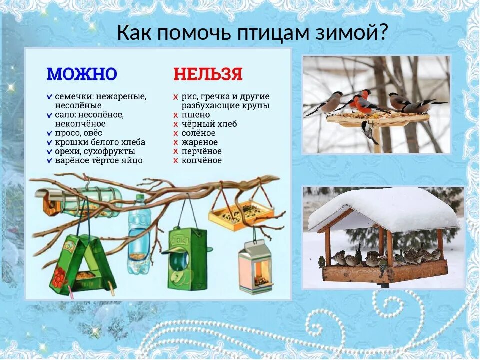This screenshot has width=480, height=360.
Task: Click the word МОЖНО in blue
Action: tap(82, 75)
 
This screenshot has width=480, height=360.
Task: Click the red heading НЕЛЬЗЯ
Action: tap(208, 75)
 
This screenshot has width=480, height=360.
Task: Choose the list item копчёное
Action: tap(202, 160)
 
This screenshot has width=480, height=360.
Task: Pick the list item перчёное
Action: tap(202, 151)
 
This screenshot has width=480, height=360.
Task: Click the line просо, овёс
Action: tap(78, 133)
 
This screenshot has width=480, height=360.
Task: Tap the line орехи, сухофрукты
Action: tap(95, 151)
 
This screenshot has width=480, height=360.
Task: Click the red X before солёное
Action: tap(176, 133)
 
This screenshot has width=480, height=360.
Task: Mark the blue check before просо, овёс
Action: tap(49, 133)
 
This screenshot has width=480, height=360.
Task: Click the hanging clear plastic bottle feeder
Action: tap(138, 235)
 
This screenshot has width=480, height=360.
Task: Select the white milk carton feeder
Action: tap(255, 267)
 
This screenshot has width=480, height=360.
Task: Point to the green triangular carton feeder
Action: tap(82, 265)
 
